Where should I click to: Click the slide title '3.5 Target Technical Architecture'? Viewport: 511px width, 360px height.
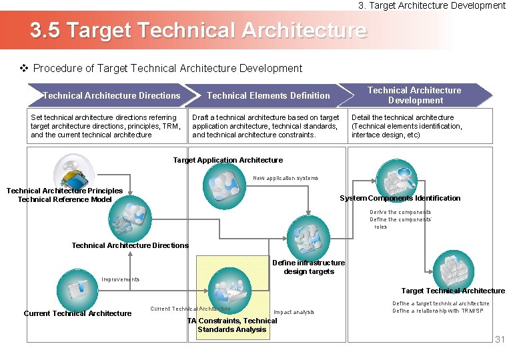(198, 30)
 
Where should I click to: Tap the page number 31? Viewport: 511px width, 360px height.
(500, 340)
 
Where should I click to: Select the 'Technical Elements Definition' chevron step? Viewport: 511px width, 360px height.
(268, 95)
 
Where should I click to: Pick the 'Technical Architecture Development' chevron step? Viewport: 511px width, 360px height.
(414, 95)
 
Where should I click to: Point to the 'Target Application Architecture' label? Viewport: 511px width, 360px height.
(227, 160)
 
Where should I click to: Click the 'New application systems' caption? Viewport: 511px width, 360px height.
(286, 178)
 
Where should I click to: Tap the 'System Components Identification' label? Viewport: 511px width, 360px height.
(400, 198)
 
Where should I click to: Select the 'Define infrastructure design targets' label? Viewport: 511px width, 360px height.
(308, 267)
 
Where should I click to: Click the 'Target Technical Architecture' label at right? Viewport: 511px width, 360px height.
(453, 291)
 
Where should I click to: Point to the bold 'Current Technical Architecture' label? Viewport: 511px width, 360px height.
(77, 313)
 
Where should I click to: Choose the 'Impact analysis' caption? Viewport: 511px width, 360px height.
(294, 312)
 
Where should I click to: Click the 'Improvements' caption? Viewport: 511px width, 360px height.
(121, 279)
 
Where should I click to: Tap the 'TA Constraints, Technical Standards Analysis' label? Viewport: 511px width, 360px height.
(232, 325)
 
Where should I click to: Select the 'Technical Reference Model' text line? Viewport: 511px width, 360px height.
(65, 199)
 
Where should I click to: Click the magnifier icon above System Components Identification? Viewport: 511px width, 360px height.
(396, 175)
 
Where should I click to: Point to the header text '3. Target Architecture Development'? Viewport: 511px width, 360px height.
(432, 5)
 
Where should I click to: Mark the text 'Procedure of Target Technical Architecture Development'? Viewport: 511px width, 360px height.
(167, 68)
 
